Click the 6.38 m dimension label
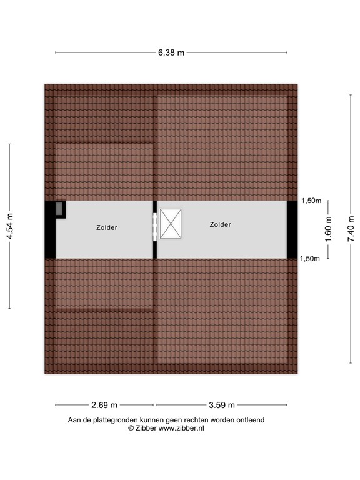[x=171, y=52]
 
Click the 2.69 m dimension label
[x=104, y=405]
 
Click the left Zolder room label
[x=106, y=228]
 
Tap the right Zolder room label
[x=220, y=224]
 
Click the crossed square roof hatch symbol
[x=171, y=224]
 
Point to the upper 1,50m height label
[x=311, y=201]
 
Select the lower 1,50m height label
[x=311, y=258]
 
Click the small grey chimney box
[x=59, y=208]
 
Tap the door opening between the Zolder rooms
[x=155, y=227]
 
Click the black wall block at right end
[x=292, y=229]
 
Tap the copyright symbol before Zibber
[x=131, y=429]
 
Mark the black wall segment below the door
[x=155, y=250]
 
